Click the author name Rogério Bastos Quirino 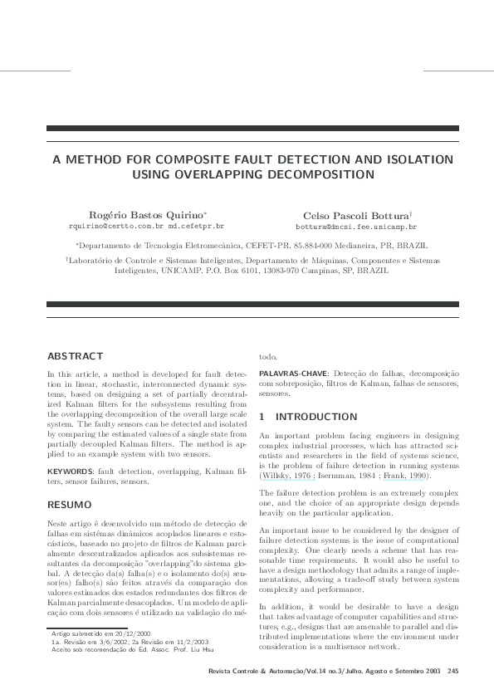tap(146, 214)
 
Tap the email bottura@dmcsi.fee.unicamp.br tap(356, 226)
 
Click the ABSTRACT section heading tap(76, 355)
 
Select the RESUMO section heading tap(71, 504)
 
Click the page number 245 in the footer tap(452, 671)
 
